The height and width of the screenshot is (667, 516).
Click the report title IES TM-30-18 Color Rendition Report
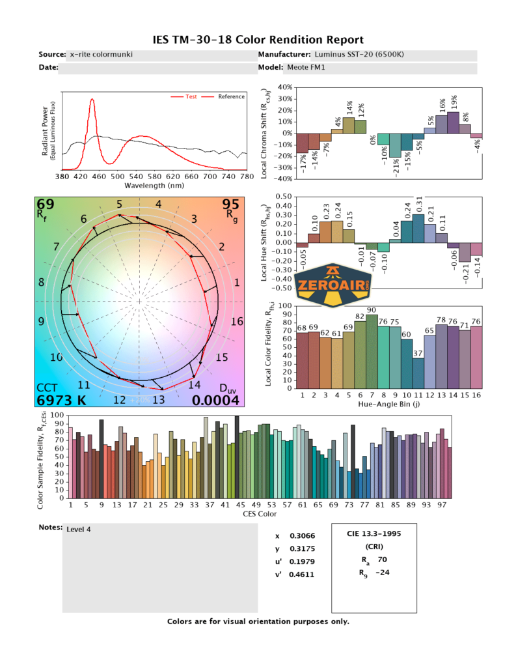point(258,40)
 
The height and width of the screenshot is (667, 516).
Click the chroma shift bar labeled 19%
point(453,122)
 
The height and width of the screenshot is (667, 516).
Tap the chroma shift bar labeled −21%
point(394,145)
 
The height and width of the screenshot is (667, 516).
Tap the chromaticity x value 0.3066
point(300,536)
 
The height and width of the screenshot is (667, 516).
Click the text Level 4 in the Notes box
point(79,530)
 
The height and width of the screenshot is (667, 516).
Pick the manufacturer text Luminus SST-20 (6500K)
point(359,55)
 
